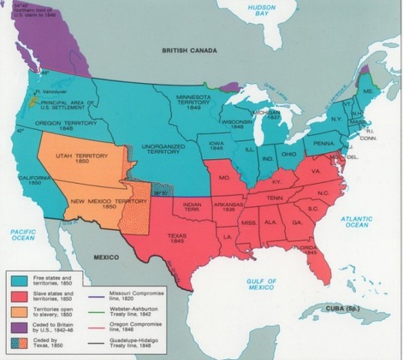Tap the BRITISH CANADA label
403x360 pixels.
click(x=189, y=50)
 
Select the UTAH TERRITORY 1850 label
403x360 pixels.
click(x=79, y=155)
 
